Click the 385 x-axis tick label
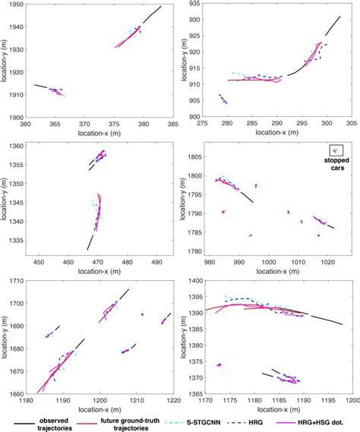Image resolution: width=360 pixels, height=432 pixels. pyautogui.click(x=173, y=125)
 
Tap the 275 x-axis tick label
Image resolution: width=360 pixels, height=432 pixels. pyautogui.click(x=202, y=125)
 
